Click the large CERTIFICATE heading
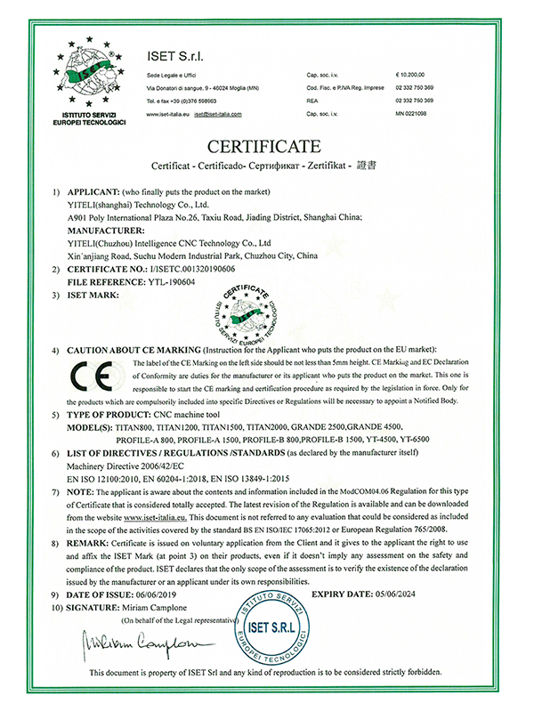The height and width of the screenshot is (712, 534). (266, 145)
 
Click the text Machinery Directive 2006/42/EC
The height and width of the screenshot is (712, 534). (126, 465)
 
